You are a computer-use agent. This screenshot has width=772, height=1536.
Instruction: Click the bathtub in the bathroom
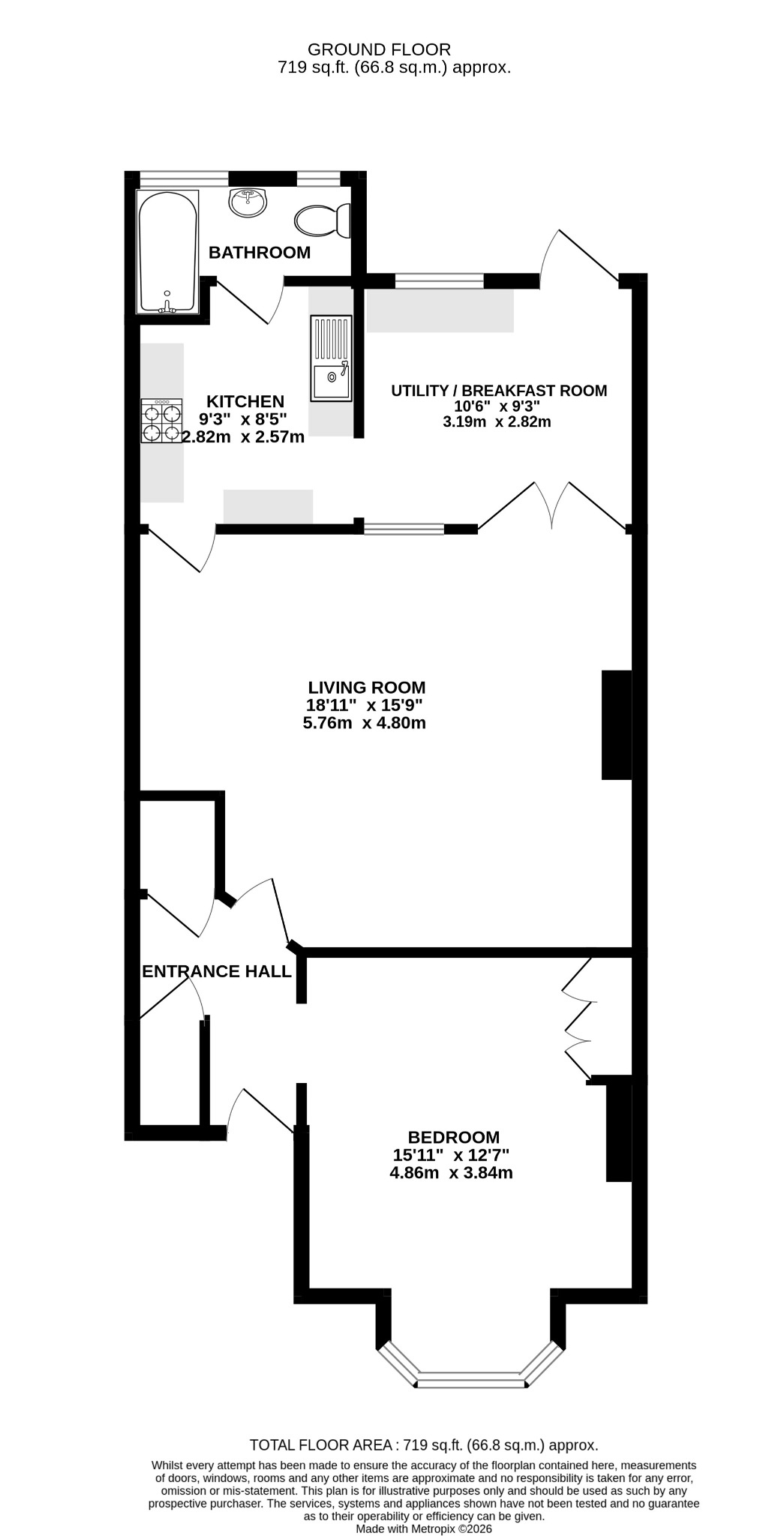pyautogui.click(x=167, y=251)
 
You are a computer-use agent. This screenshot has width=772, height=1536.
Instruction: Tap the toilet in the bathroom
pyautogui.click(x=323, y=220)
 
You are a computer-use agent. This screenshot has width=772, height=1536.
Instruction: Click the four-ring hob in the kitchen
pyautogui.click(x=162, y=421)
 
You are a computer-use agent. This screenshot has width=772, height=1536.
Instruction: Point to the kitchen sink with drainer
pyautogui.click(x=330, y=357)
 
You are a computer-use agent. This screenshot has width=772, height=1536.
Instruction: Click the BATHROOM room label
pyautogui.click(x=260, y=253)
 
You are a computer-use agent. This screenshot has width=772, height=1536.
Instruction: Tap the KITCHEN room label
pyautogui.click(x=245, y=401)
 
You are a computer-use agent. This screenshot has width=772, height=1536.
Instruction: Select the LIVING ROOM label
pyautogui.click(x=367, y=687)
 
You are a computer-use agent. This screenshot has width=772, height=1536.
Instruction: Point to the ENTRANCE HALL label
pyautogui.click(x=217, y=971)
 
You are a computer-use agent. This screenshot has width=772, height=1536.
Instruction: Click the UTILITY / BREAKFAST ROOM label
pyautogui.click(x=499, y=390)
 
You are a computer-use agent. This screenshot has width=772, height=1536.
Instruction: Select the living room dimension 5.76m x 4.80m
pyautogui.click(x=365, y=724)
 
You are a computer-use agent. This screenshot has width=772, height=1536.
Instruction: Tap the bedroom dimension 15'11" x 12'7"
pyautogui.click(x=452, y=1155)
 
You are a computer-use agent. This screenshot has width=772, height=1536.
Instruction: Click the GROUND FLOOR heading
pyautogui.click(x=380, y=49)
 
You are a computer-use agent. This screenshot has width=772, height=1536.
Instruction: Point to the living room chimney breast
pyautogui.click(x=617, y=724)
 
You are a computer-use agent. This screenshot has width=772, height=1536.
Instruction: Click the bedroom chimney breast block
pyautogui.click(x=619, y=1128)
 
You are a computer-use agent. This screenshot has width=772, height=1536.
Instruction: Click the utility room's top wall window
pyautogui.click(x=440, y=281)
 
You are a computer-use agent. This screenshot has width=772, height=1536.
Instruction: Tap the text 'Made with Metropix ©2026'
pyautogui.click(x=424, y=1528)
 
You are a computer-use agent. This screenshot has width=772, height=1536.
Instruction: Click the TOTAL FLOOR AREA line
pyautogui.click(x=424, y=1445)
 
